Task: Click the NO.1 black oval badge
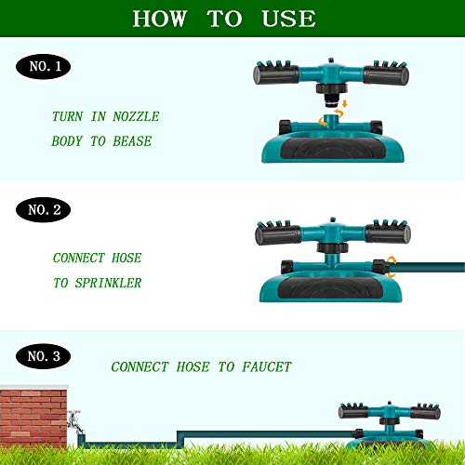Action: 43,66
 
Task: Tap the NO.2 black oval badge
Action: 43,210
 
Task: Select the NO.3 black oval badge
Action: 44,354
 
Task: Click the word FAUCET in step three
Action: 262,367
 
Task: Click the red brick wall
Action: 33,419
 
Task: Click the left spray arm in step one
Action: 278,73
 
